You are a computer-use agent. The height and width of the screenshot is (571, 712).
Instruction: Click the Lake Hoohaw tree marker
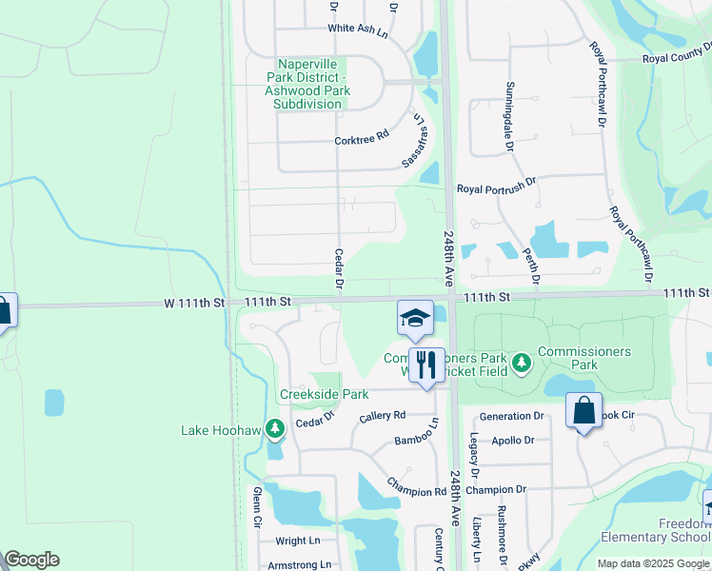[x=275, y=430]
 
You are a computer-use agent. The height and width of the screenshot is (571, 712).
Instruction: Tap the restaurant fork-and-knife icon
[x=425, y=364]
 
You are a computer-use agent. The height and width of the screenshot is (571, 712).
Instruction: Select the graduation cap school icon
[x=415, y=318]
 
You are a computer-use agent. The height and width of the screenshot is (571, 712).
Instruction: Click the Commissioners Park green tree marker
[x=521, y=362]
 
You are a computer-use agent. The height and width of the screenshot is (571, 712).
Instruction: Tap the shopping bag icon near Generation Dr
[x=583, y=412]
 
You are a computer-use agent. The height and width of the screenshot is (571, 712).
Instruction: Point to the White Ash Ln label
[x=359, y=30]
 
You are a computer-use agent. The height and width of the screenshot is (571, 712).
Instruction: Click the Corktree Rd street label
[x=362, y=138]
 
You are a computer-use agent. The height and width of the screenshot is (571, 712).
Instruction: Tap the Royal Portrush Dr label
[x=497, y=188]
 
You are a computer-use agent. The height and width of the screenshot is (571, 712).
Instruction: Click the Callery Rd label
[x=383, y=416]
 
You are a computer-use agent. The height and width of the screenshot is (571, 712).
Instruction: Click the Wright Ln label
[x=298, y=541]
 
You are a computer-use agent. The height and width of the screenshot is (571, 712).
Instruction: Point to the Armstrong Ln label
[x=300, y=564]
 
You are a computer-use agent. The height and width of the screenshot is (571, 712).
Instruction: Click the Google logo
[x=31, y=560]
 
